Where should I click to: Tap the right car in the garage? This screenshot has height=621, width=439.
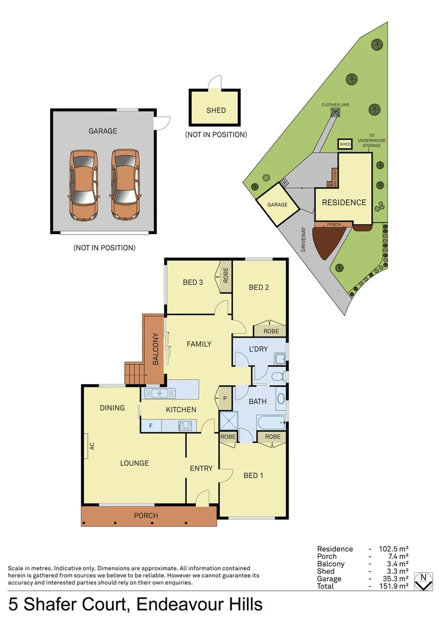point(126,185)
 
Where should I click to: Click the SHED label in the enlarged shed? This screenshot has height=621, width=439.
point(216,110)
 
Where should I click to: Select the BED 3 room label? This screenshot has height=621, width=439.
point(193,282)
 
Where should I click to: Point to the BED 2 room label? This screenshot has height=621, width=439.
point(259,287)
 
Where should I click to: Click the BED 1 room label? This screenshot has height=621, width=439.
point(253,476)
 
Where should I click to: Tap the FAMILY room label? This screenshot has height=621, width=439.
point(199,344)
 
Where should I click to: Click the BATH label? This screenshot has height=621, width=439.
point(258,401)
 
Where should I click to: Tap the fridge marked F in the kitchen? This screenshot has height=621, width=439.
point(151,426)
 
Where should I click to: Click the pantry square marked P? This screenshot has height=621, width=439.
point(224,398)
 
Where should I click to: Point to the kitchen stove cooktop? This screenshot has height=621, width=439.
point(186,426)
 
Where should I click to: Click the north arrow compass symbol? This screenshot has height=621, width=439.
point(423,582)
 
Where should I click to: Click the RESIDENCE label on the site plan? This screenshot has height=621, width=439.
point(344,202)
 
